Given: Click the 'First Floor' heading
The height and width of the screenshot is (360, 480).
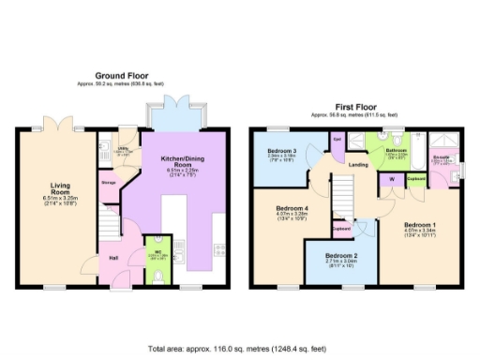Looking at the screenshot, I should (359, 107).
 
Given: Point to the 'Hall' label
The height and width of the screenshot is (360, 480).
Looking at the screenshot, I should (112, 257).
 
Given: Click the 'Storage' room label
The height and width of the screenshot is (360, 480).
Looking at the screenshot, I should (109, 183).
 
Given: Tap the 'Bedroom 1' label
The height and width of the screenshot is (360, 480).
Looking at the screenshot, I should (420, 225).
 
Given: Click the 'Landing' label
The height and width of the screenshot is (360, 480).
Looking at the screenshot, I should (357, 166).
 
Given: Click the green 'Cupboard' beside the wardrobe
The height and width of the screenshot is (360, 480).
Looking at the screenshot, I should (416, 177).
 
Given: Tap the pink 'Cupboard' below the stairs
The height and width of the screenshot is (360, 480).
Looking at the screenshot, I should (341, 227).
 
